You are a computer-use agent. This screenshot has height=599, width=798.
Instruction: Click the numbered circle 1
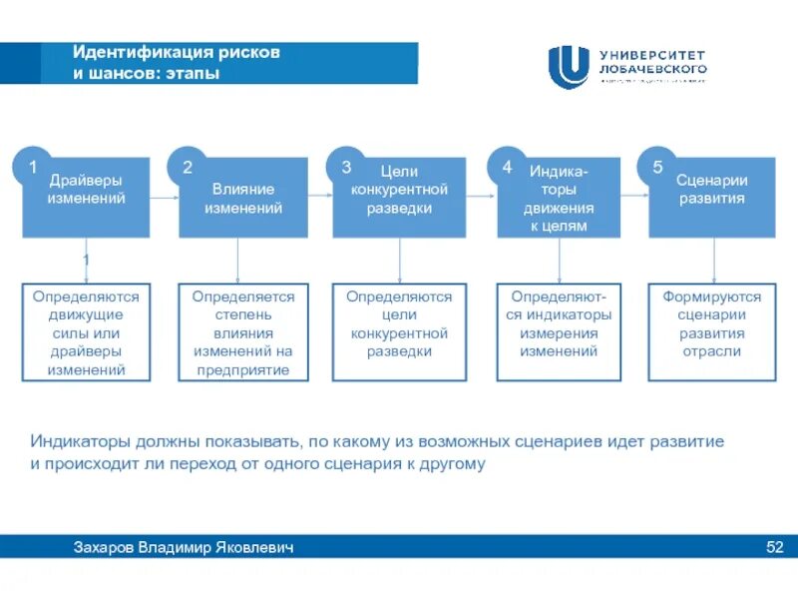coord(32,167)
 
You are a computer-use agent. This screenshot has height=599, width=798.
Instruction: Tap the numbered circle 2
coord(187,167)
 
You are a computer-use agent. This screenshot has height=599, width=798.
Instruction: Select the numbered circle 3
coord(346,167)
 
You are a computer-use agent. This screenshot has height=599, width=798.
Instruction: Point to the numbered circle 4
coord(507,167)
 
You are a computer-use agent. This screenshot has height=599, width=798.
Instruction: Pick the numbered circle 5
coord(658,167)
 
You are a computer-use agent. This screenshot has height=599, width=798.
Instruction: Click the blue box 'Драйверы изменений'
coord(88,198)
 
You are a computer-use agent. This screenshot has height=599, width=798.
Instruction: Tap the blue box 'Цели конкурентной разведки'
coord(400,198)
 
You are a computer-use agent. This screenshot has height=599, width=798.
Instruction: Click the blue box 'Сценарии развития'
coord(712,198)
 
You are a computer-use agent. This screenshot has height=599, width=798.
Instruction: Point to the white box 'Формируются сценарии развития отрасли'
coord(712,331)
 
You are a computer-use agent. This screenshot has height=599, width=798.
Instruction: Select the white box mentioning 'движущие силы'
coord(86,331)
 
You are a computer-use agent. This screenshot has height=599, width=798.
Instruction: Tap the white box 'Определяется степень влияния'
coord(243,331)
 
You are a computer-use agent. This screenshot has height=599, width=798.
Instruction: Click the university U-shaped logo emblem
coord(569,67)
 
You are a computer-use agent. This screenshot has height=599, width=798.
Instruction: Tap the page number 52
coord(774,547)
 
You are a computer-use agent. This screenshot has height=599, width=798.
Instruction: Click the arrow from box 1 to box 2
coord(166,198)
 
